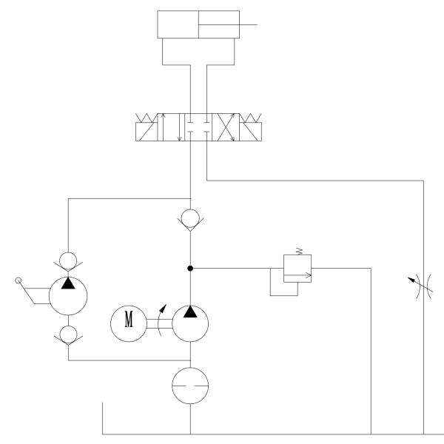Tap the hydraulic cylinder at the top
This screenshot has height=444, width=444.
(x=198, y=24)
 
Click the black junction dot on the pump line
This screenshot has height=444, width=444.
(x=191, y=268)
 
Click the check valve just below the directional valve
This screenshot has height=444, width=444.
(x=191, y=219)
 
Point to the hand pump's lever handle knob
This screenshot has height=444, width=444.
(x=17, y=280)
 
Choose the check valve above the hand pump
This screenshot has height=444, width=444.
(x=68, y=260)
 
